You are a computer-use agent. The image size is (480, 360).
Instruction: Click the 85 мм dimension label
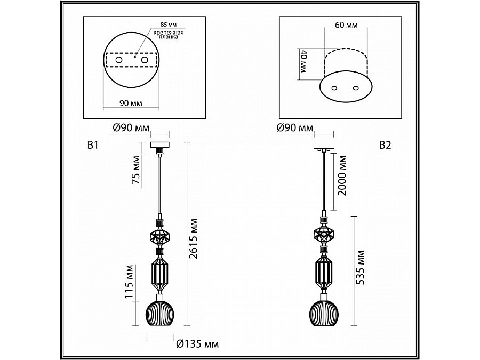tap(169, 25)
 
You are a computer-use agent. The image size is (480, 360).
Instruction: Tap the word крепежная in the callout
tap(169, 33)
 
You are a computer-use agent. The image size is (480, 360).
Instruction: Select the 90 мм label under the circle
tap(131, 103)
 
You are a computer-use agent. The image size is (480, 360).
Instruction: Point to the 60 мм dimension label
tap(346, 25)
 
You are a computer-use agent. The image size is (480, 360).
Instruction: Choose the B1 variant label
tap(93, 145)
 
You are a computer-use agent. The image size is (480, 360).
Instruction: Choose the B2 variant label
tap(385, 145)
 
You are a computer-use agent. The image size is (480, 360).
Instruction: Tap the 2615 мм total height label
tap(193, 239)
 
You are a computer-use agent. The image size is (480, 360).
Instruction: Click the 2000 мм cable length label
tap(342, 175)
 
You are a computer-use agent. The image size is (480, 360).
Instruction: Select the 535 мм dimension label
tap(361, 268)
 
